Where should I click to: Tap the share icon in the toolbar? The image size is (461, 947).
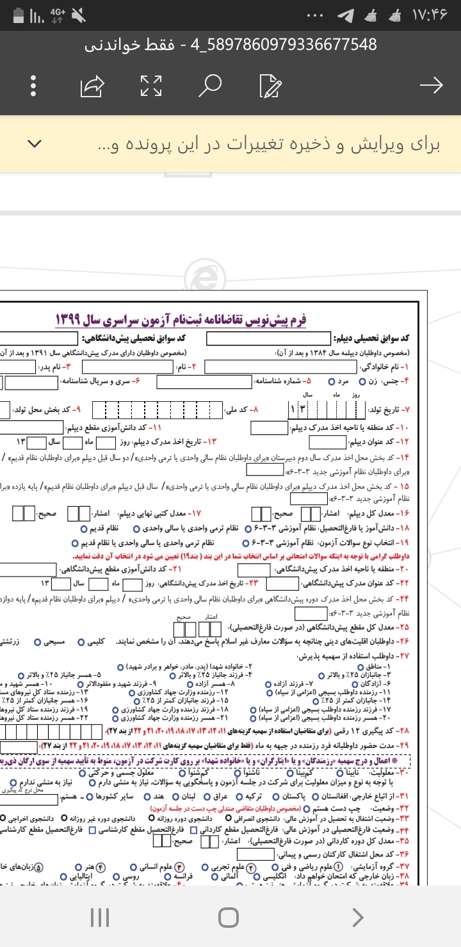click(92, 85)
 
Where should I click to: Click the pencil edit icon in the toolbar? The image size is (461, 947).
click(270, 85)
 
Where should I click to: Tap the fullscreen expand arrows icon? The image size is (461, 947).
click(151, 85)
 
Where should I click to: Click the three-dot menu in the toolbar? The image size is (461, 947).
click(33, 85)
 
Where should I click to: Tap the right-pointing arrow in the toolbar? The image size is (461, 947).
click(430, 85)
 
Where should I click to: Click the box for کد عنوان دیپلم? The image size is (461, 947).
click(327, 442)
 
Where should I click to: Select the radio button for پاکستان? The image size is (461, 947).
click(276, 797)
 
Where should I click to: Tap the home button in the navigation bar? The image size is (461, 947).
click(229, 918)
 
